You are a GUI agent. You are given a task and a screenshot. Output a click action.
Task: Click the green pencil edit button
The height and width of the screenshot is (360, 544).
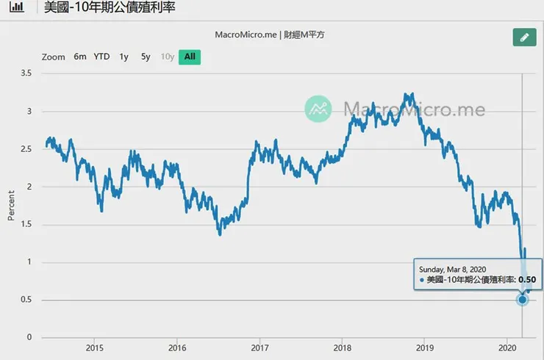pyautogui.click(x=523, y=37)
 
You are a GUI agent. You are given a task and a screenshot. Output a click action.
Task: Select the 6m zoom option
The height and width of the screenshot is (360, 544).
pyautogui.click(x=80, y=57)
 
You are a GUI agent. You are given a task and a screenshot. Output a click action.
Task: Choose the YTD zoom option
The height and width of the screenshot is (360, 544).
pyautogui.click(x=101, y=57)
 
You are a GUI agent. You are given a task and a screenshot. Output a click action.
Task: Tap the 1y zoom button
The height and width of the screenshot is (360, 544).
pyautogui.click(x=124, y=57)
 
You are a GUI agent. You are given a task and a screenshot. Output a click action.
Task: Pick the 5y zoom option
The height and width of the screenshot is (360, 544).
pyautogui.click(x=146, y=57)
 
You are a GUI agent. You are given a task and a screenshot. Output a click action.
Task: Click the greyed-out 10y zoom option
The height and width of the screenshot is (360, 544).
pyautogui.click(x=168, y=57)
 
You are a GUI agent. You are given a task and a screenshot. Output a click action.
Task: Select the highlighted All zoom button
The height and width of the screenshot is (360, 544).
pyautogui.click(x=190, y=57)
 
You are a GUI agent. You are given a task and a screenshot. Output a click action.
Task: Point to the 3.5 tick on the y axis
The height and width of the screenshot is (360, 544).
pyautogui.click(x=26, y=73)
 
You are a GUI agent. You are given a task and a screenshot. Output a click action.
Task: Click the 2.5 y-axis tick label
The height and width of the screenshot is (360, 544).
pyautogui.click(x=26, y=149)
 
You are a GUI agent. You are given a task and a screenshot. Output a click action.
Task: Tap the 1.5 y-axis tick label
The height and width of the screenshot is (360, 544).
pyautogui.click(x=26, y=225)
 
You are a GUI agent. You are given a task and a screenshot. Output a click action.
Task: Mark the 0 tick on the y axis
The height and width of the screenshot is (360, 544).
pyautogui.click(x=30, y=338)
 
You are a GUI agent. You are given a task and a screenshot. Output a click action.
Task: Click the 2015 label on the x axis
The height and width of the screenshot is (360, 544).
pyautogui.click(x=94, y=348)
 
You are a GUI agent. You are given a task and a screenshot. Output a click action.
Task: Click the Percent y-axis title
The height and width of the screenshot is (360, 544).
pyautogui.click(x=11, y=206)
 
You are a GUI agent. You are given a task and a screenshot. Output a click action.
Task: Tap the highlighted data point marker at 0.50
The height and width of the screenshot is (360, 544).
pyautogui.click(x=522, y=300)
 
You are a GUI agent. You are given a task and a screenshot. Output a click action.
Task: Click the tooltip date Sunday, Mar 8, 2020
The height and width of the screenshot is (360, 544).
pyautogui.click(x=452, y=268)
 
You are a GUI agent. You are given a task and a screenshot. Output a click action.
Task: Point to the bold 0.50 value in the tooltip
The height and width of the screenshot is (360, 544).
pyautogui.click(x=527, y=280)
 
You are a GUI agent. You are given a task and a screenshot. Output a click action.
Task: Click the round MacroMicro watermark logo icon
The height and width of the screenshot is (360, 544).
pyautogui.click(x=319, y=109)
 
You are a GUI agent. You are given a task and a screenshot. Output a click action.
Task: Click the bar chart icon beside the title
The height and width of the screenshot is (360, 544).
pyautogui.click(x=14, y=9)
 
